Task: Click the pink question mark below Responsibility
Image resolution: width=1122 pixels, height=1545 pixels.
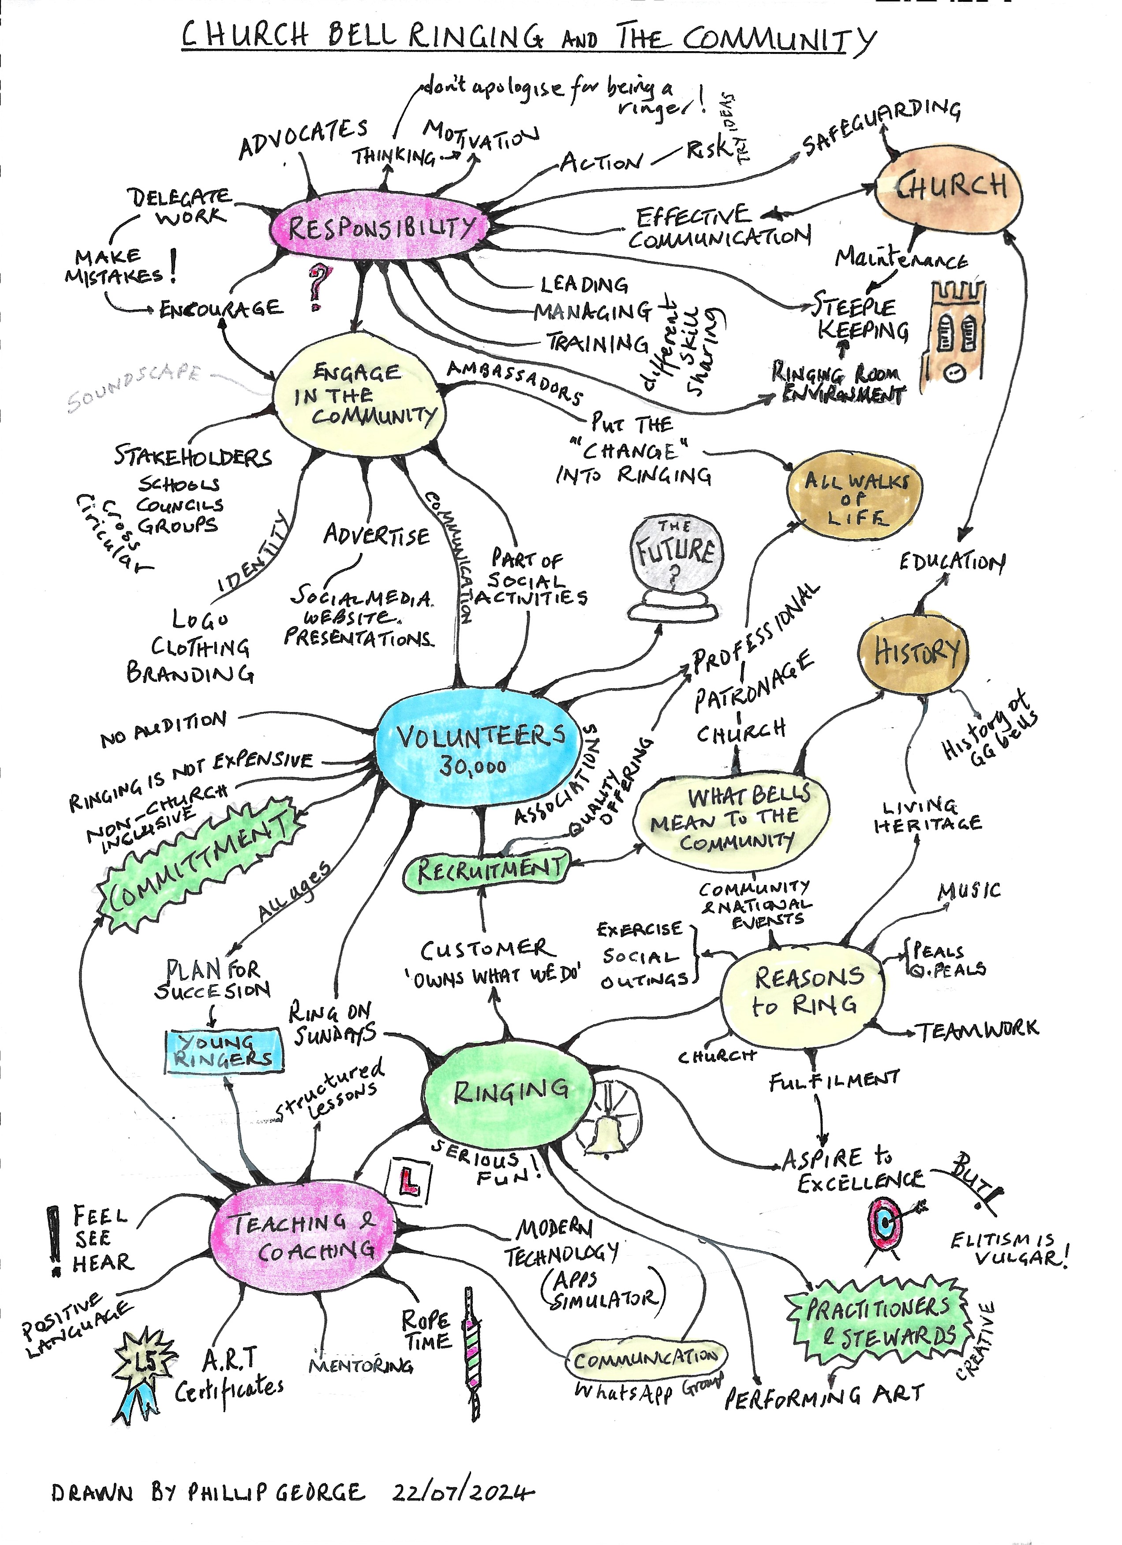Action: [x=318, y=286]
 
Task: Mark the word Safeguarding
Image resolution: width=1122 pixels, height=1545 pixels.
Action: [x=882, y=127]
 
